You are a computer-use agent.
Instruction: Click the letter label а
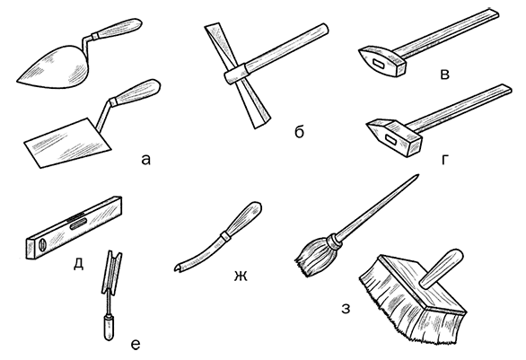pyautogui.click(x=145, y=160)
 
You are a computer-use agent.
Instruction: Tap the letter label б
pyautogui.click(x=299, y=131)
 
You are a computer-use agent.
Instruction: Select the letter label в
pyautogui.click(x=444, y=75)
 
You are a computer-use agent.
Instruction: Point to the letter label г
pyautogui.click(x=445, y=161)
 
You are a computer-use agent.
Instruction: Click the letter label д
pyautogui.click(x=78, y=264)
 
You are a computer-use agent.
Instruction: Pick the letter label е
pyautogui.click(x=135, y=345)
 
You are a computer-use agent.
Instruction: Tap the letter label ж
pyautogui.click(x=241, y=277)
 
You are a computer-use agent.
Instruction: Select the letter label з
pyautogui.click(x=346, y=309)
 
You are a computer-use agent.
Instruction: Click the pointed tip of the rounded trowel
pyautogui.click(x=17, y=81)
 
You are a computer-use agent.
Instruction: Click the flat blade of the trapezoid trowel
pyautogui.click(x=67, y=144)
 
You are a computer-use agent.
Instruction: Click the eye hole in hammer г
pyautogui.click(x=391, y=139)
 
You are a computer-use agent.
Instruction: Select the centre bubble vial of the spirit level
pyautogui.click(x=78, y=224)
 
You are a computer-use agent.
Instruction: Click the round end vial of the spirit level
pyautogui.click(x=42, y=245)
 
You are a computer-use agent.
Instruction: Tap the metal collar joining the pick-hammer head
pyautogui.click(x=237, y=74)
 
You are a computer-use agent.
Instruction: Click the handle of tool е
pyautogui.click(x=109, y=327)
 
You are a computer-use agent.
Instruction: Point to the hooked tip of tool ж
pyautogui.click(x=177, y=268)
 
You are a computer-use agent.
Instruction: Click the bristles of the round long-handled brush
pyautogui.click(x=313, y=257)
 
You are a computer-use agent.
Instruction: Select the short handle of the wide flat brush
pyautogui.click(x=442, y=268)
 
